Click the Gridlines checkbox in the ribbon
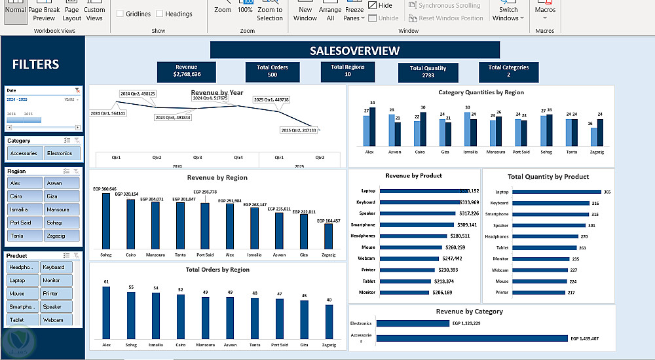120,14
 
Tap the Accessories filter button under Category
24,153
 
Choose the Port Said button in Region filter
24,223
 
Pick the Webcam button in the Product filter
61,319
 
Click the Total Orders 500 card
272,71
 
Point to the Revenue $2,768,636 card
186,71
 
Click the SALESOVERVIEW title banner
354,50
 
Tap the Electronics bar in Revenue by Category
413,323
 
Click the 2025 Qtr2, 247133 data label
298,130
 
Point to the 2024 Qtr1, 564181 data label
108,113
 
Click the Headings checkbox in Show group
159,14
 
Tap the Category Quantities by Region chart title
481,93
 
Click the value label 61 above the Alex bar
106,281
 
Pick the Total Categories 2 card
508,71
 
